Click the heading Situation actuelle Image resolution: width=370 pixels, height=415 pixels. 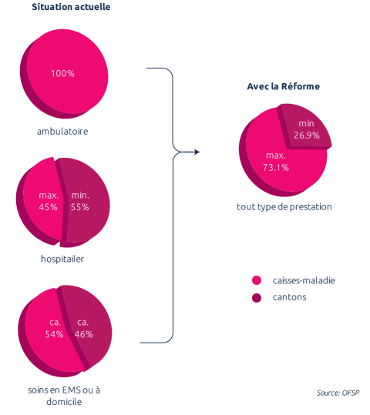pos(71,7)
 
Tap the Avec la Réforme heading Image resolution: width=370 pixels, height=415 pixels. pos(284,86)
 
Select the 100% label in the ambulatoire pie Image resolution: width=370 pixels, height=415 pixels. pos(62,73)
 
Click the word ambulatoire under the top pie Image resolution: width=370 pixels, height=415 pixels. pos(62,131)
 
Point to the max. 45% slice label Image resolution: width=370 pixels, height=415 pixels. pos(49,201)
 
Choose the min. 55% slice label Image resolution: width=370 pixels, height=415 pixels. pos(80,201)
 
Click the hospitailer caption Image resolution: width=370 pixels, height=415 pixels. pos(62,259)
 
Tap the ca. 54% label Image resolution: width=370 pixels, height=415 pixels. pos(54,329)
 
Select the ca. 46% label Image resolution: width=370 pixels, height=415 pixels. pos(84,329)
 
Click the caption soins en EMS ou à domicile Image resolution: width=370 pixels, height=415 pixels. pos(64,396)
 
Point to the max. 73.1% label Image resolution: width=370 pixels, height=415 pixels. pos(276,162)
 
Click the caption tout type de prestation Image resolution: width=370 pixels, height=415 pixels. pos(284,207)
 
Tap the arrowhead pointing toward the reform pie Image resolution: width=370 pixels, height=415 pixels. pos(197,152)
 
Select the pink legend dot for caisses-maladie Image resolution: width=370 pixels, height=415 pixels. pos(257,280)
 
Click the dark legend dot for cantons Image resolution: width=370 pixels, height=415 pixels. pos(257,298)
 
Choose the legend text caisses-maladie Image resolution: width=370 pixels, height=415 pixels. pos(304,280)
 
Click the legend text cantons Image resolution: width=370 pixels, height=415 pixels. pos(289,297)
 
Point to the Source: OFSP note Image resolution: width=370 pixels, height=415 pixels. pos(338,393)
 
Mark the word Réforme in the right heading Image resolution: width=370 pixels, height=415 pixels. pos(301,86)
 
